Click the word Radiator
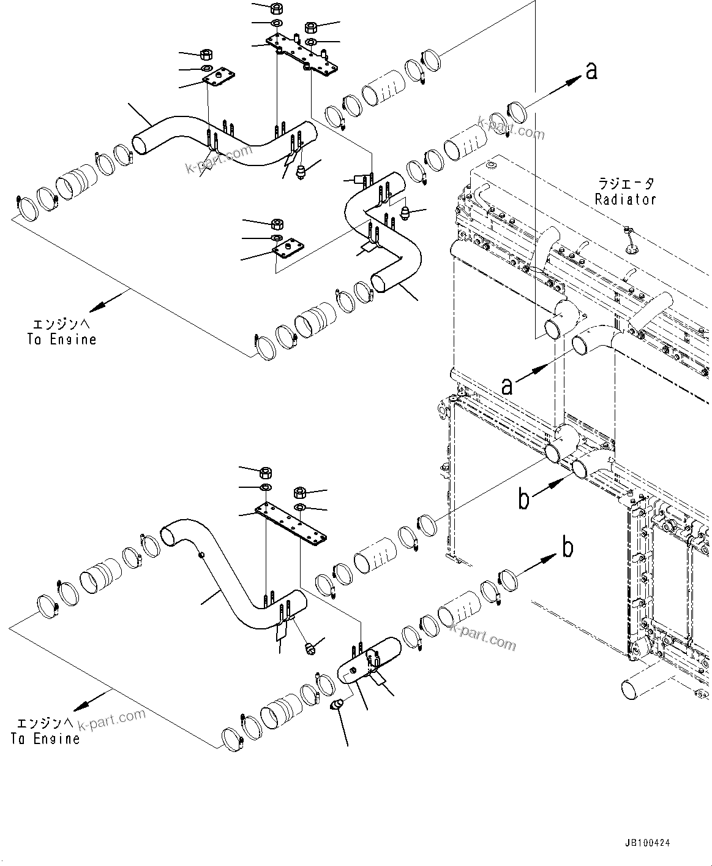(625, 199)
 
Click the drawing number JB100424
(647, 843)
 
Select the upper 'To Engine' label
(62, 339)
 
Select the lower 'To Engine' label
(45, 739)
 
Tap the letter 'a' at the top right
(591, 71)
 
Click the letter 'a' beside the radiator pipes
(507, 386)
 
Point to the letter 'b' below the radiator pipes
(524, 499)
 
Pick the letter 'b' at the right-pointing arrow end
(568, 547)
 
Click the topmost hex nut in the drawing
(275, 9)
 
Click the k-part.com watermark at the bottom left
(111, 718)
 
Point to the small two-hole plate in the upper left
(219, 77)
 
